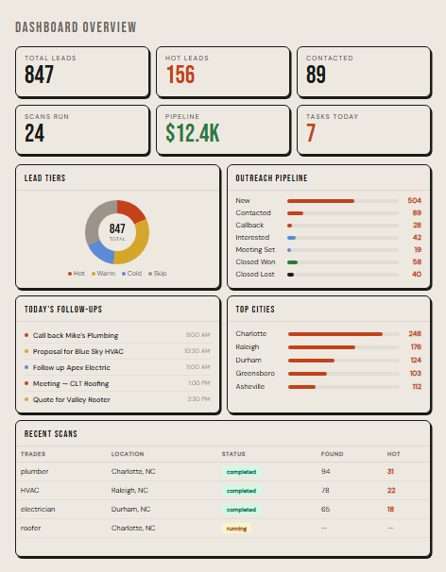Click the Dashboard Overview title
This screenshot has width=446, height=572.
coord(75,28)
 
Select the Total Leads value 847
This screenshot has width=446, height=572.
coord(40,76)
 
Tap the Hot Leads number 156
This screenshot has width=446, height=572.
coord(180,76)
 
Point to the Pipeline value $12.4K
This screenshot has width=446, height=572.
coord(192,133)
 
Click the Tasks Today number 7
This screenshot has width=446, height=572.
coord(310,133)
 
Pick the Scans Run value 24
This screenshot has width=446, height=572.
coord(35,133)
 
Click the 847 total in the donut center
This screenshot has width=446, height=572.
coord(117,228)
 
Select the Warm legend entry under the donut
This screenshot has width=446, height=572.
coord(103,273)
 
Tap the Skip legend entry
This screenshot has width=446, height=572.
coord(157,273)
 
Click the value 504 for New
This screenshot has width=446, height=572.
coord(414,201)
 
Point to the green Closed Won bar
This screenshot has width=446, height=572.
coord(293,261)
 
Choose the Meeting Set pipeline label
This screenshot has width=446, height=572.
coord(256,249)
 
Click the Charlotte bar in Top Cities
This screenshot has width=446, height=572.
coord(334,334)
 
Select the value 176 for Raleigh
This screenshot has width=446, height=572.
coord(416,347)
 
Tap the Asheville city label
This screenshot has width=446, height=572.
coord(250,386)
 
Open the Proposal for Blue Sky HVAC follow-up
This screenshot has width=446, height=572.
coord(78,351)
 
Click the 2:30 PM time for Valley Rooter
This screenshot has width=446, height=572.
coord(198,399)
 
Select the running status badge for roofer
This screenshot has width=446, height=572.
coord(236,529)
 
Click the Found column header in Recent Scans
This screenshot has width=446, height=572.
coord(331,454)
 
